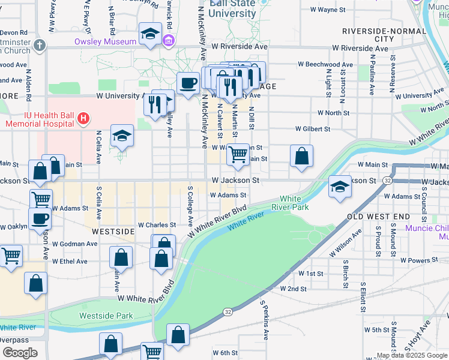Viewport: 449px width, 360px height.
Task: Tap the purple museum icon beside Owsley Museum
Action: coord(169,41)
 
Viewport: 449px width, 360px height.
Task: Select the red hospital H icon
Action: coord(83,119)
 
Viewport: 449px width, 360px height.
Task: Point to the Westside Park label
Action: coord(106,315)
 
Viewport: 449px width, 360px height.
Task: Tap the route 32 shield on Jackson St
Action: coord(388,181)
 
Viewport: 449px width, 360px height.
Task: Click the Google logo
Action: coord(20,352)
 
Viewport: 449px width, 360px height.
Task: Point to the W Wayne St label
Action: coord(328,10)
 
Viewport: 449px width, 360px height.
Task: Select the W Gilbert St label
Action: coord(313,129)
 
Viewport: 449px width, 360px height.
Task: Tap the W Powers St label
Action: coord(420,261)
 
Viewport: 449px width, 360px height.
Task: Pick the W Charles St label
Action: coord(157,225)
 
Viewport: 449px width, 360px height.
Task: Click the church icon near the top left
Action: coord(40,46)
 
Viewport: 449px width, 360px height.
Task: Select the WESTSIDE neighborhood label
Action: coord(113,231)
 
